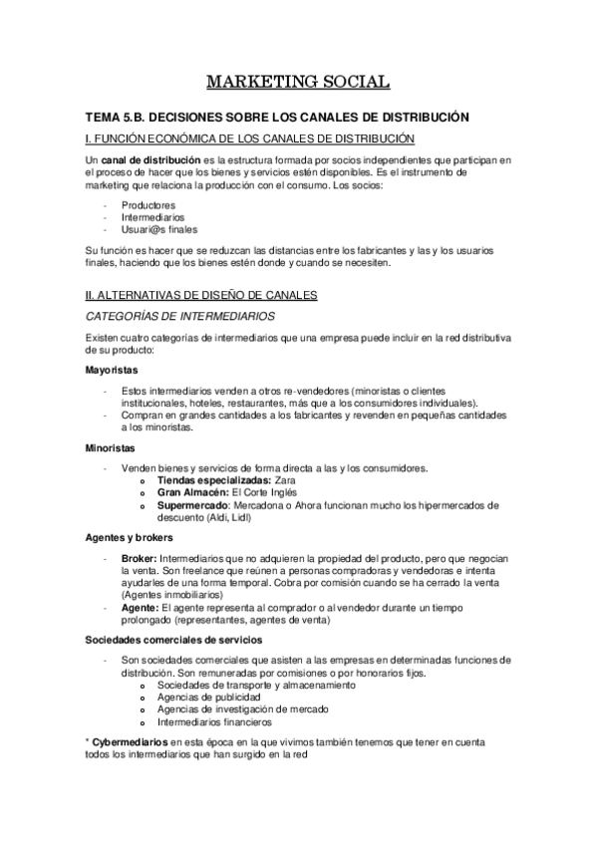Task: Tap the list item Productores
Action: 149,204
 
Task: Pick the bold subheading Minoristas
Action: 109,448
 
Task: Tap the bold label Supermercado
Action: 194,505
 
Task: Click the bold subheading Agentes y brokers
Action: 130,538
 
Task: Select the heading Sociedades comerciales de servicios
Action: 174,638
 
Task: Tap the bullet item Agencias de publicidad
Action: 209,698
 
